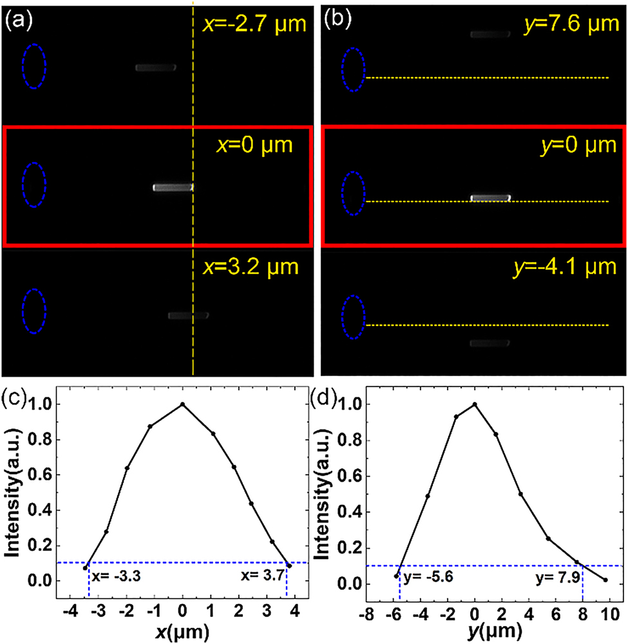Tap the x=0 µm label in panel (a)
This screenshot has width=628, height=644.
pos(254,145)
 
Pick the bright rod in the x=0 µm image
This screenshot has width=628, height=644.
pos(173,187)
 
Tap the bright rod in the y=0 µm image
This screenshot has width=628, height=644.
pos(490,198)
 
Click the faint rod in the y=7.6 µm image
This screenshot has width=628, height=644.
pos(490,34)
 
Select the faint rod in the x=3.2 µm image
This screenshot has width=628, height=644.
pos(188,316)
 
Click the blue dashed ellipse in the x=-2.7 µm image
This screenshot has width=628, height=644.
pos(33,66)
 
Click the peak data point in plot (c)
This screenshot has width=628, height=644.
pos(183,404)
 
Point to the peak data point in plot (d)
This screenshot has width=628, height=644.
pos(475,404)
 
